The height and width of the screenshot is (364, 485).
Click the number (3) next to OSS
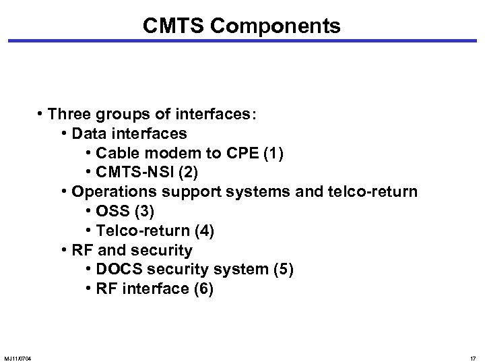tap(143, 212)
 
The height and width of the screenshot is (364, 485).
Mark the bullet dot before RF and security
tap(64, 251)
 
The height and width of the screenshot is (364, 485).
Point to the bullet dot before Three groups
tap(42, 114)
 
